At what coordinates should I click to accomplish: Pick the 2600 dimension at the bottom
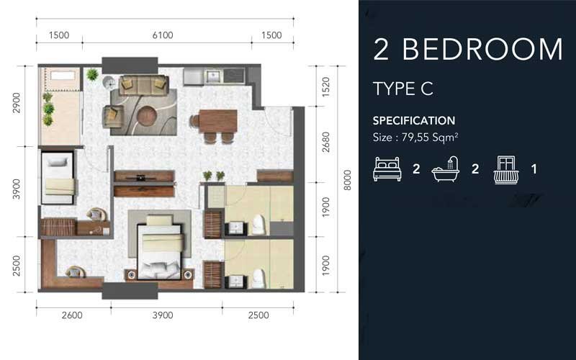point(72,315)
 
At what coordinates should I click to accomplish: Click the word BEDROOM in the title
point(482,49)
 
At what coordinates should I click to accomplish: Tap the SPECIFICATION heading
point(413,120)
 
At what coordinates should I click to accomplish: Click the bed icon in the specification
point(387,169)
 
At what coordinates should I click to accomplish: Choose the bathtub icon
point(446,170)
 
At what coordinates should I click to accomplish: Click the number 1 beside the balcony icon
point(534,170)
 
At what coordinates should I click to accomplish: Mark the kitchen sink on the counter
point(213,75)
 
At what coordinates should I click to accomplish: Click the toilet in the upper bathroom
point(258,225)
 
